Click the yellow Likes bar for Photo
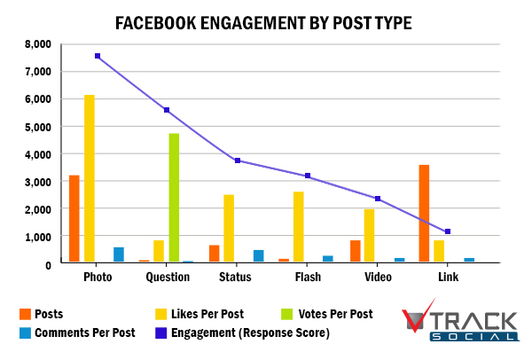click(x=89, y=177)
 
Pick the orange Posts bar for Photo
click(x=74, y=218)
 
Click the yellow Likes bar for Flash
click(x=298, y=226)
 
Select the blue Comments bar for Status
click(x=258, y=255)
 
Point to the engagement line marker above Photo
click(x=98, y=56)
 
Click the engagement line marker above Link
click(x=448, y=231)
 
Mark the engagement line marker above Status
click(x=238, y=160)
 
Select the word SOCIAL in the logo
click(x=474, y=336)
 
